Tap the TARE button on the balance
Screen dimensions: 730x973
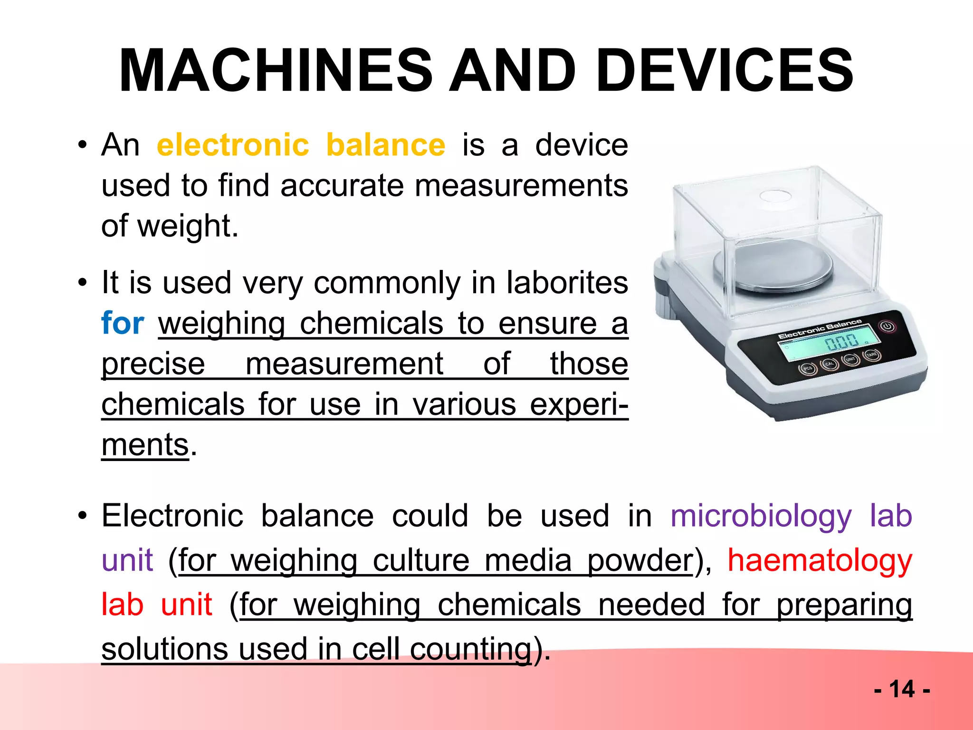pos(872,355)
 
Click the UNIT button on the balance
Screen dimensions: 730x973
pos(850,359)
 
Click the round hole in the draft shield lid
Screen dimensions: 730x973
pos(775,195)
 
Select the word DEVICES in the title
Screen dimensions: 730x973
pos(725,71)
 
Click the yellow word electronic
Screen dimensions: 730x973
pos(233,145)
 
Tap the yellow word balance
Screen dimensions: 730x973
pos(386,145)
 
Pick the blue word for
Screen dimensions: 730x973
pos(123,323)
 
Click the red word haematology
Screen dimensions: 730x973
pos(820,560)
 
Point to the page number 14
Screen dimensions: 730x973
pos(901,689)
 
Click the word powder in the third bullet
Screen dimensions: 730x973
pos(640,560)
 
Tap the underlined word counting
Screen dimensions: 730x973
pos(470,649)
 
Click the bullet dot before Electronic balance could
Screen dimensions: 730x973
pos(83,516)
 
